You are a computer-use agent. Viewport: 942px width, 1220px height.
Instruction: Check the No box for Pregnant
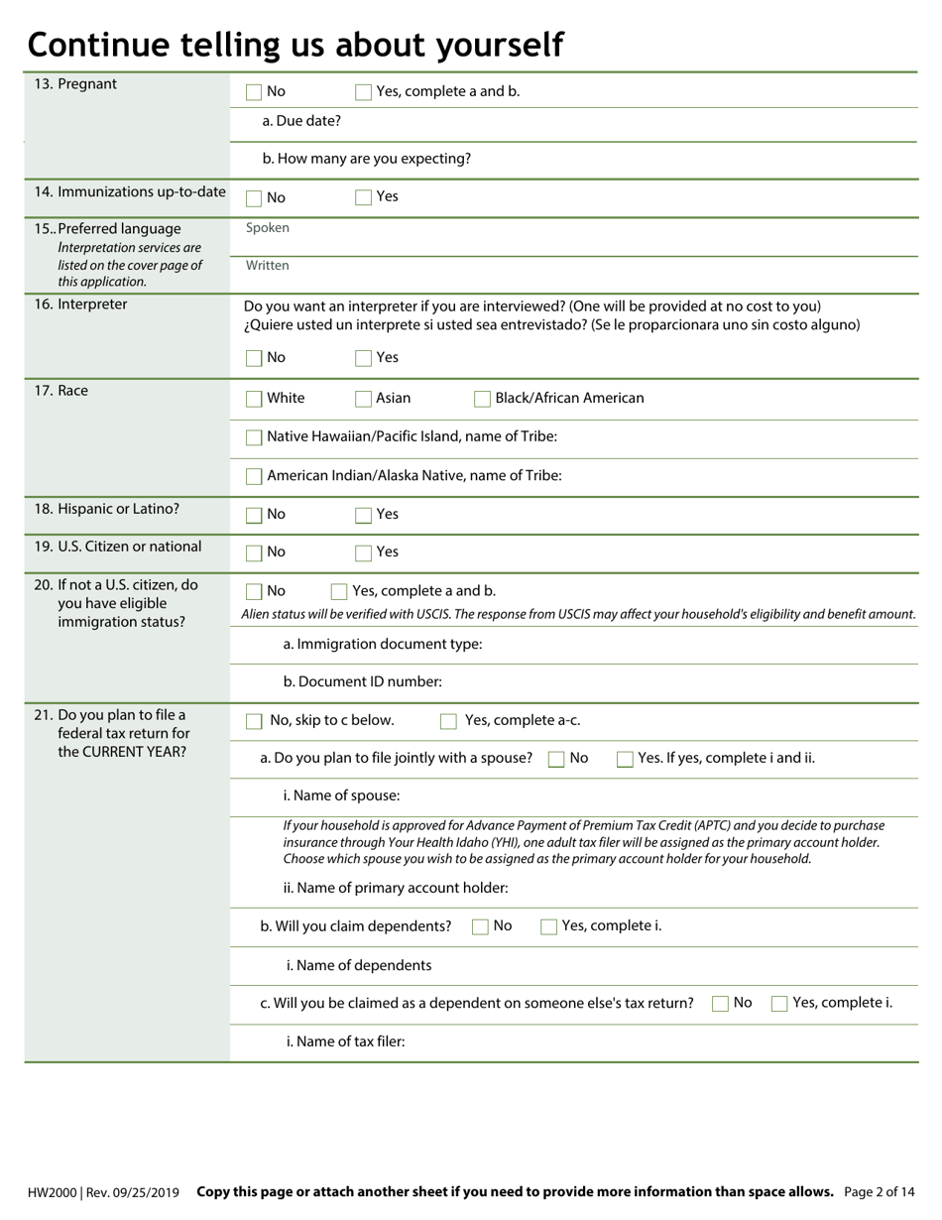tap(254, 92)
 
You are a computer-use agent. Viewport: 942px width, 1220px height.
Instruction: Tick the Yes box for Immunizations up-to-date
tap(363, 197)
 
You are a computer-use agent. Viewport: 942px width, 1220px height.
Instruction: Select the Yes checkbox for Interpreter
tap(363, 358)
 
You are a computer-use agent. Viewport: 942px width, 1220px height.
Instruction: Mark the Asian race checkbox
tap(363, 399)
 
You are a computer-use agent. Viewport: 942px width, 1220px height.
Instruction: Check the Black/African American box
tap(482, 399)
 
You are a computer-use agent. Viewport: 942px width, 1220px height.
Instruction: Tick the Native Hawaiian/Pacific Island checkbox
tap(254, 437)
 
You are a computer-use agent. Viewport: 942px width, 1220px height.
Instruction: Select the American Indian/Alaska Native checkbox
tap(254, 476)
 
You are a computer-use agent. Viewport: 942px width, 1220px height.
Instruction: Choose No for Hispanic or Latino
tap(254, 515)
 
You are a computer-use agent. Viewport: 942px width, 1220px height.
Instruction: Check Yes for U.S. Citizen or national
tap(363, 552)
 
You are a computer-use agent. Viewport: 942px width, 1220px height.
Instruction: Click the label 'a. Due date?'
tap(301, 121)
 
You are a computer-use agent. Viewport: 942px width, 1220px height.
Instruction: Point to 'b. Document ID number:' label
tap(362, 682)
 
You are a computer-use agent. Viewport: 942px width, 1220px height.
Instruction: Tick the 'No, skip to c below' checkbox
tap(254, 721)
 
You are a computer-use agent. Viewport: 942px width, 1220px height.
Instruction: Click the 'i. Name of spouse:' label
tap(341, 795)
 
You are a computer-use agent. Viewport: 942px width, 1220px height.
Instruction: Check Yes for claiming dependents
tap(548, 927)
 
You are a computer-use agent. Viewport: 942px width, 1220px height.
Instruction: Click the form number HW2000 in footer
tap(54, 1192)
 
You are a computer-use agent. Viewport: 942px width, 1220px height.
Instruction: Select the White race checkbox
tap(254, 399)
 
